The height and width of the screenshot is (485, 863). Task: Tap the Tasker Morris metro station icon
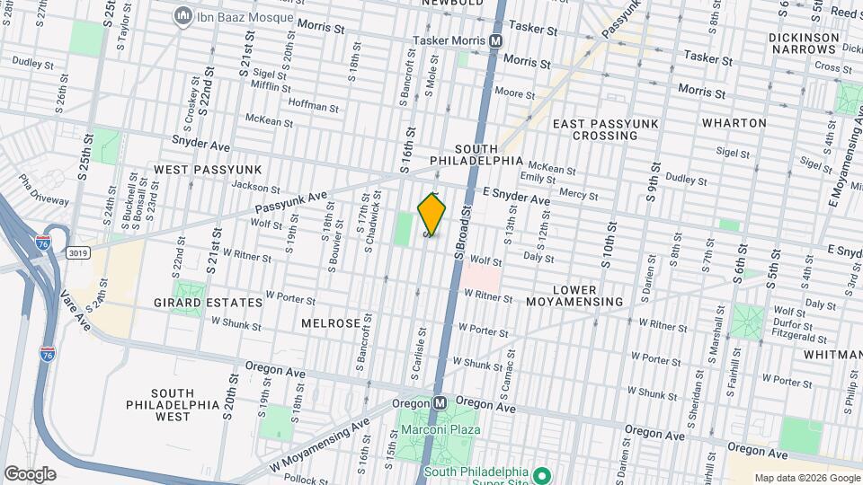click(x=496, y=41)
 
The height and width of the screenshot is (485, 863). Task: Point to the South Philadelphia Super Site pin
click(x=541, y=473)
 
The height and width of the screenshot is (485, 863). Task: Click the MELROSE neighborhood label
click(x=331, y=322)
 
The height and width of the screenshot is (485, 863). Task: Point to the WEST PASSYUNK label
click(x=207, y=169)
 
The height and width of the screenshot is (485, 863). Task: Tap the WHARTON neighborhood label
click(x=734, y=123)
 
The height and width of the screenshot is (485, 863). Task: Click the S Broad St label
click(x=463, y=232)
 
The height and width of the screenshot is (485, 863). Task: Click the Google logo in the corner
click(x=30, y=473)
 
